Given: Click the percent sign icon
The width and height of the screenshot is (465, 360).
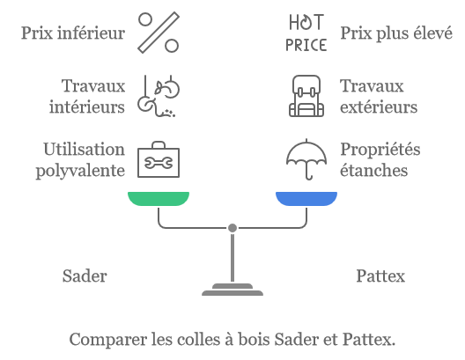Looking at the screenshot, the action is coord(159,33).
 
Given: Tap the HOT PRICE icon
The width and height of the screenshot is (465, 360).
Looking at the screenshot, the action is coord(306,33).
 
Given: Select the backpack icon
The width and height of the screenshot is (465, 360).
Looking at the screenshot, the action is coord(306,96).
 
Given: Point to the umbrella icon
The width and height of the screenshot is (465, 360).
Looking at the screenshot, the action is coord(306,159).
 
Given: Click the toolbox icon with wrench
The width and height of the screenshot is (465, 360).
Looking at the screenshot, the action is coord(159,159).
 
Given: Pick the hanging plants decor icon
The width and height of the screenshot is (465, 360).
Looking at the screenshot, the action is coord(159,96).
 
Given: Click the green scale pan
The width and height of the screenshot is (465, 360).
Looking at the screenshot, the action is coord(159,199).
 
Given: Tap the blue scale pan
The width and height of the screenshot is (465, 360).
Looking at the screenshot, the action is coord(306,199).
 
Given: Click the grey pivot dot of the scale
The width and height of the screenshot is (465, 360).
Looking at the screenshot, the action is coord(232,228).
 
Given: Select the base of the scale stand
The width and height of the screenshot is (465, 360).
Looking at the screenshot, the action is coord(232,290).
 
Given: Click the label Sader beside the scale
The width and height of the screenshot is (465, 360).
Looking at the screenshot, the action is coord(85,276).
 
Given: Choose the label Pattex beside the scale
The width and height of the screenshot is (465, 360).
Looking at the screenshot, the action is coord(380,276).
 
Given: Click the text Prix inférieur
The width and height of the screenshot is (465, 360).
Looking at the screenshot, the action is coord(73,33).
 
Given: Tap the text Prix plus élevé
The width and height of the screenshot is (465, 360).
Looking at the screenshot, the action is coord(396,33).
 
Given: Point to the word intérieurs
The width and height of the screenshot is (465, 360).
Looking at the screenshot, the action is coord(87,107).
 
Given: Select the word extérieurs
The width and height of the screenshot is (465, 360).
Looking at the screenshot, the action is coord(379,107).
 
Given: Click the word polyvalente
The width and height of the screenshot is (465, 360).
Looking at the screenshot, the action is coord(80,172).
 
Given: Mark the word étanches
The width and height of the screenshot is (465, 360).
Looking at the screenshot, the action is coord(373,170).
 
